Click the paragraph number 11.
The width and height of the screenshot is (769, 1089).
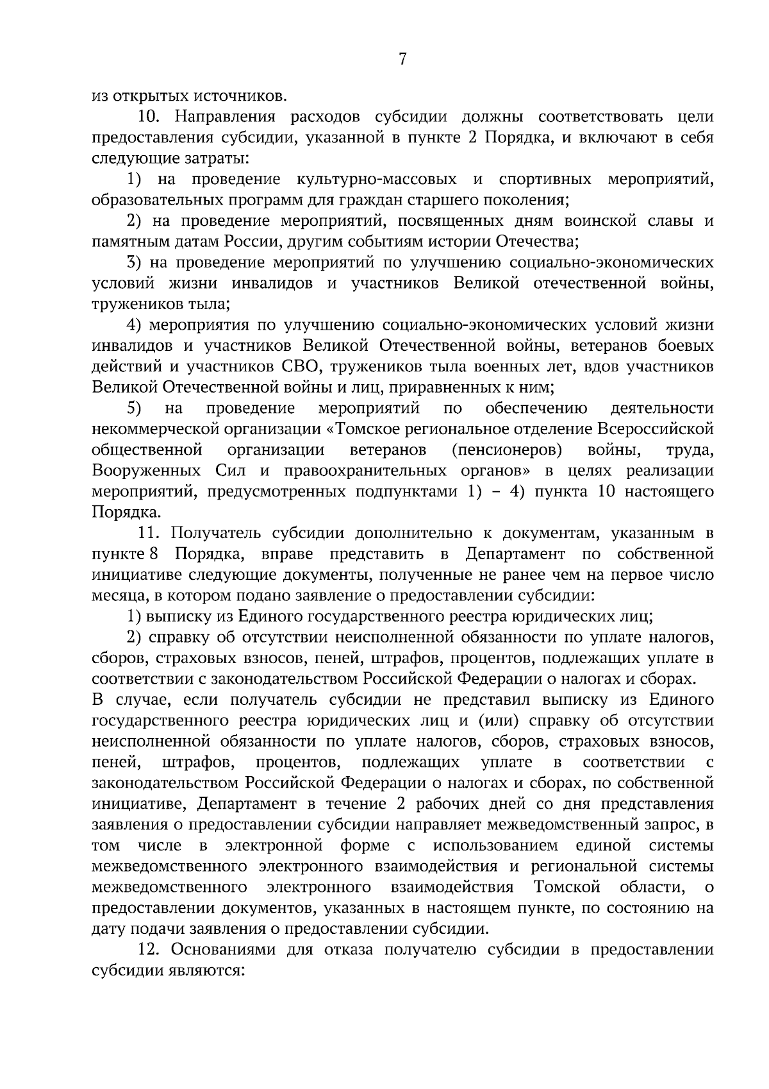[x=149, y=533]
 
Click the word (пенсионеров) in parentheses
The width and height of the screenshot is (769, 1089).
[x=506, y=450]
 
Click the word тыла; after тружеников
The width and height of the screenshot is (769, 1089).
[x=207, y=304]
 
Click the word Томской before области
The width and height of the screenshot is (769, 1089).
[x=566, y=887]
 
